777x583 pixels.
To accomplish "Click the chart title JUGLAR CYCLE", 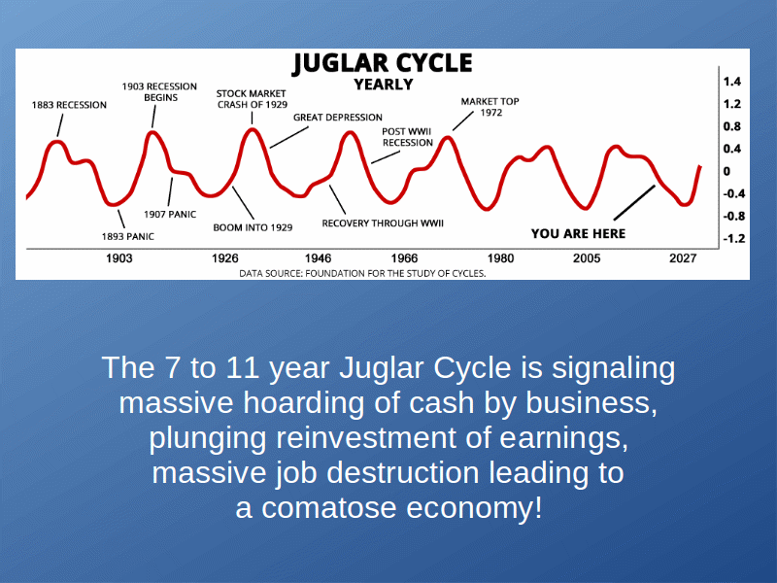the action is coord(383,63).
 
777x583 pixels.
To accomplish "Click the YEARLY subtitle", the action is coord(383,85).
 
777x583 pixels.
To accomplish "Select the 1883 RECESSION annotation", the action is coord(69,105).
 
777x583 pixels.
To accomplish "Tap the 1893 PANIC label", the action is coord(128,236).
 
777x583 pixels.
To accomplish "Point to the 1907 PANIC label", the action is coord(170,214).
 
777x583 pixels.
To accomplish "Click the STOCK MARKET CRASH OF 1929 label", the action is coord(252,99).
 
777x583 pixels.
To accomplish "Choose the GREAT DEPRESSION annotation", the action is coord(338,118).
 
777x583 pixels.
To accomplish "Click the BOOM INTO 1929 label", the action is coord(253,227).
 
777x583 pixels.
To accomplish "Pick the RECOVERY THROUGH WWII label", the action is coord(383,223).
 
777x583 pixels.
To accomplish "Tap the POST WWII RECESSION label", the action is coord(407,137).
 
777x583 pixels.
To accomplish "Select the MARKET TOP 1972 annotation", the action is coord(490,107).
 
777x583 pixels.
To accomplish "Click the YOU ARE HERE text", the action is coord(578,233).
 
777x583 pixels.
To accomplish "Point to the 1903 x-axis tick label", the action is coord(119,258).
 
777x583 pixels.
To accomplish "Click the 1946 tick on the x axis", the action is coord(319,258).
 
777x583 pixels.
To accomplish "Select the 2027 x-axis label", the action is coord(683,258).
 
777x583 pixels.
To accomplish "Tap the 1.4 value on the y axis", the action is coord(732,82).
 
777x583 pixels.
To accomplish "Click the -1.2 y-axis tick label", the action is coord(734,238).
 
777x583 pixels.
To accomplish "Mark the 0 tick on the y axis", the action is coord(726,172).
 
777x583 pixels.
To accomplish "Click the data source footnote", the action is coord(362,273).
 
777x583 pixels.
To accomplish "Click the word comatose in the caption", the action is coord(329,508).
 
